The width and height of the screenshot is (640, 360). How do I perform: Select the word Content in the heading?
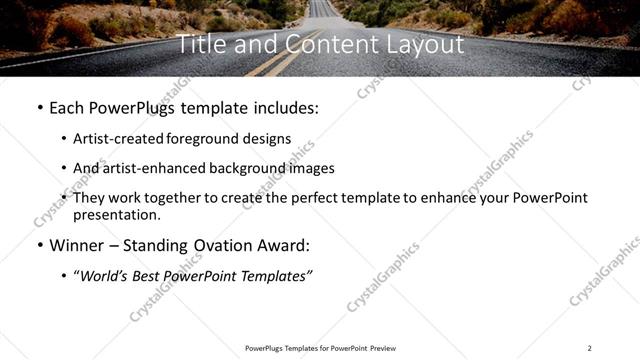click(x=319, y=44)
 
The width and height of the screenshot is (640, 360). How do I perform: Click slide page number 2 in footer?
click(x=589, y=348)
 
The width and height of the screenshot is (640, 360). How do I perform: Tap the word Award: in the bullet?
click(x=283, y=245)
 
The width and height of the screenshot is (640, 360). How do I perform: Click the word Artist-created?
click(x=120, y=138)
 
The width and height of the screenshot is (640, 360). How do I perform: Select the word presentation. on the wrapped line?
click(x=116, y=215)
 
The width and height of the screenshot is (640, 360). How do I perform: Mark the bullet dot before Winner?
click(x=39, y=245)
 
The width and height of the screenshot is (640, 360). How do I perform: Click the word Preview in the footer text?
click(x=383, y=348)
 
